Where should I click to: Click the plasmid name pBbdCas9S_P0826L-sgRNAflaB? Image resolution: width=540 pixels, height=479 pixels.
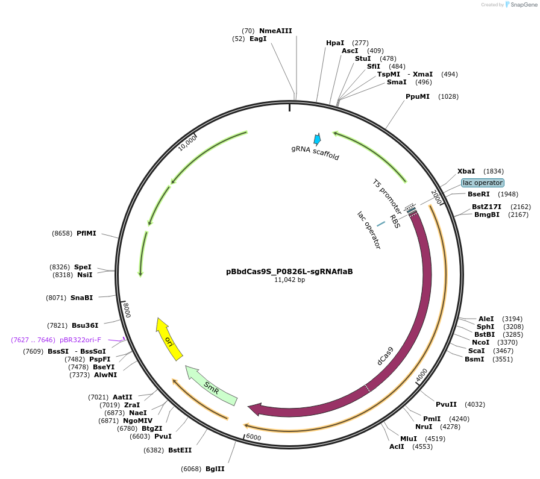coord(289,271)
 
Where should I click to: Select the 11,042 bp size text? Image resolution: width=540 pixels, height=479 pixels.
coord(289,280)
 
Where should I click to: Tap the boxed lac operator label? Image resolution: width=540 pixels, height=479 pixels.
coord(482,183)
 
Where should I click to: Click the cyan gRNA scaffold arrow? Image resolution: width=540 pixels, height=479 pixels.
coord(317,139)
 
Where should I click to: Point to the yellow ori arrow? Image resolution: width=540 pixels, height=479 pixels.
coord(168,339)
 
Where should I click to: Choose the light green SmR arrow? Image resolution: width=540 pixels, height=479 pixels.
coord(211,385)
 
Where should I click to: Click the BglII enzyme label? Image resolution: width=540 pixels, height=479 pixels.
coord(215,469)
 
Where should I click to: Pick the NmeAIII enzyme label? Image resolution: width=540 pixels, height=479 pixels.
coord(275,31)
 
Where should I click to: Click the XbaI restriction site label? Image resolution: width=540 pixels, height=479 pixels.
coord(466,171)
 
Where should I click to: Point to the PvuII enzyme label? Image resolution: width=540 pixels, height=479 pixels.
coord(446,404)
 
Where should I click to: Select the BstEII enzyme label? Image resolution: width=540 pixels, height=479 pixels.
coord(180,450)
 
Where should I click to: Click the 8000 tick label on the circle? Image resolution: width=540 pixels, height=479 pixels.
coord(127,310)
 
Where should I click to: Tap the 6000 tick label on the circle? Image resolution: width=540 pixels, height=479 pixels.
coord(253,437)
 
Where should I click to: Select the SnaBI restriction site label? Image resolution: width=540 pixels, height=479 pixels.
coord(81,298)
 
